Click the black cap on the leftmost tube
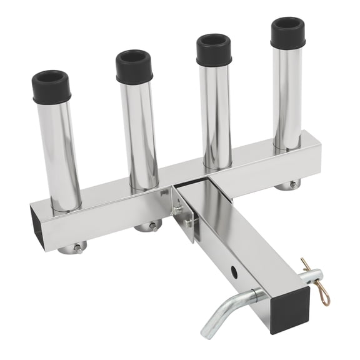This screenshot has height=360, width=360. pyautogui.click(x=51, y=87)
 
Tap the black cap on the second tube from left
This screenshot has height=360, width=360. pyautogui.click(x=134, y=66)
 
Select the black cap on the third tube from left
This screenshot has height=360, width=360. pyautogui.click(x=214, y=50)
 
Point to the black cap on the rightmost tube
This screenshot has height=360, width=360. pyautogui.click(x=287, y=33)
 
